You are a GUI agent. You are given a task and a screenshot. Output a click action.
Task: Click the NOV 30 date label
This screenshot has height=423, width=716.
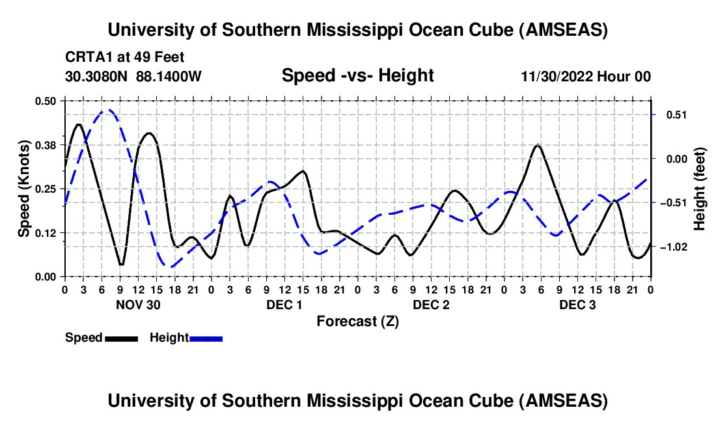[138, 304]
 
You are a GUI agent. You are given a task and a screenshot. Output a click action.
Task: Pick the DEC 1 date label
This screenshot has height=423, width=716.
[284, 304]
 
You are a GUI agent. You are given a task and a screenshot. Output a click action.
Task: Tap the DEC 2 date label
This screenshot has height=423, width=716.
[431, 304]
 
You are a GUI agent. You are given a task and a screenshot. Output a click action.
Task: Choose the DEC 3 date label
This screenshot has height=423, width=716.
[577, 304]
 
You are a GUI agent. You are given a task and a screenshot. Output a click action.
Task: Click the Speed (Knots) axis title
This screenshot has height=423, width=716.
[23, 188]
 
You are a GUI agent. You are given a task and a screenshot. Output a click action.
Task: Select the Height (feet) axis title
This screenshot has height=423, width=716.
[700, 188]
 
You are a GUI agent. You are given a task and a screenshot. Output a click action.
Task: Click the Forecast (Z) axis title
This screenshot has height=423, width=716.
[357, 321]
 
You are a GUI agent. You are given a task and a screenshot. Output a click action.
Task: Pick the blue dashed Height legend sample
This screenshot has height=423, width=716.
[206, 338]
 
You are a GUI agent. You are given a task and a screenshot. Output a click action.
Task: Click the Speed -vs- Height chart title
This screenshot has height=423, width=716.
[357, 75]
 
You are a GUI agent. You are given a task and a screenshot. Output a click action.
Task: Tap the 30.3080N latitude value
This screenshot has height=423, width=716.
[97, 76]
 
